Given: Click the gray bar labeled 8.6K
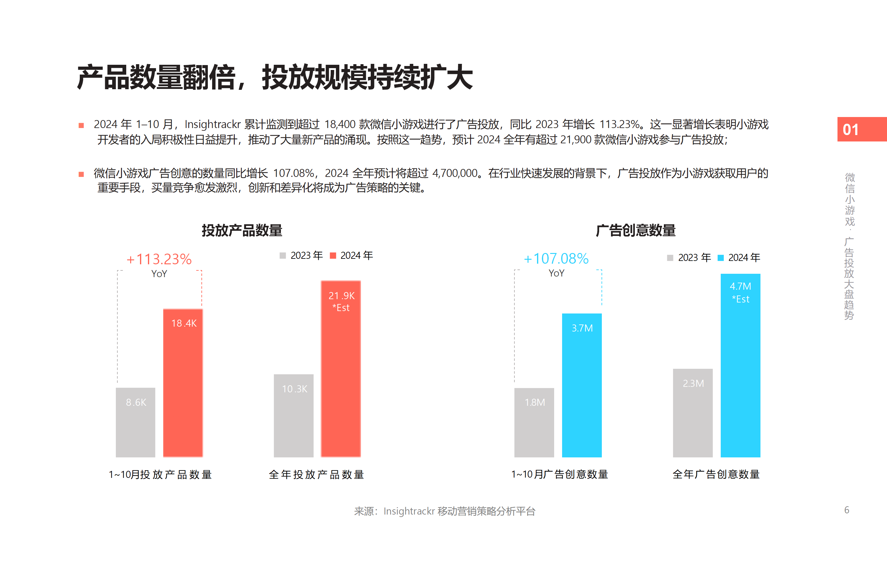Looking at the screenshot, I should (x=135, y=422).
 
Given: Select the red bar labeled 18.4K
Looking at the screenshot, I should (x=183, y=383).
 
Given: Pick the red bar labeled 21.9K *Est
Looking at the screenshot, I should (x=340, y=369).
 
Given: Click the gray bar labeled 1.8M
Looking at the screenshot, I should (x=534, y=422).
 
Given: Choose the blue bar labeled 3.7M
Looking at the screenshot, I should (x=582, y=385).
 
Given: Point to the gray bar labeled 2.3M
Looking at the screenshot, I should (x=693, y=413).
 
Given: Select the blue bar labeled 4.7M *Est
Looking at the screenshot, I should (x=740, y=365).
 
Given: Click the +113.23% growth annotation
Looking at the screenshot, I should (x=159, y=259).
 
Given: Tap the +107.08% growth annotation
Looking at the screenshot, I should (x=556, y=258).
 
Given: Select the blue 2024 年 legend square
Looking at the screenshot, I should (x=721, y=258).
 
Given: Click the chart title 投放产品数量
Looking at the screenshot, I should (x=242, y=230).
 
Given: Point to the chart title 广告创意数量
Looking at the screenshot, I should (x=636, y=230).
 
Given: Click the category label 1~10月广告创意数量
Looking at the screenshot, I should (x=559, y=474).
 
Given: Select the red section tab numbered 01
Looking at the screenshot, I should (x=862, y=130).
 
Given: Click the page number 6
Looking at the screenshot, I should (x=846, y=510).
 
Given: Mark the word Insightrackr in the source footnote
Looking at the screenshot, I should (x=409, y=511).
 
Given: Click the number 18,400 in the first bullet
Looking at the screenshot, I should (x=340, y=124).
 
